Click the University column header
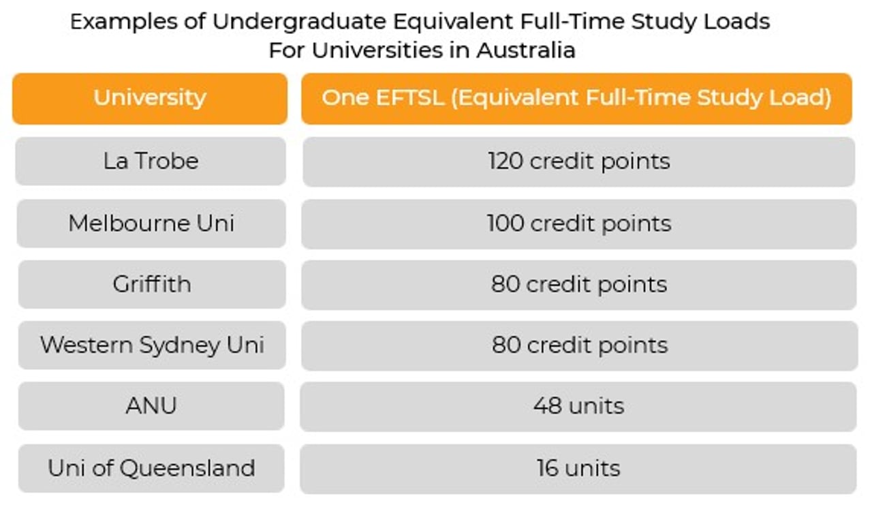pyautogui.click(x=150, y=99)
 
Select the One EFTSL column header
pyautogui.click(x=576, y=99)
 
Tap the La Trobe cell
pyautogui.click(x=151, y=161)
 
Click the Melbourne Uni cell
pyautogui.click(x=151, y=223)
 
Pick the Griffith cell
pyautogui.click(x=152, y=284)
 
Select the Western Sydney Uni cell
pyautogui.click(x=152, y=345)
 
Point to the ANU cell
pyautogui.click(x=151, y=406)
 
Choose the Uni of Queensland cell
pyautogui.click(x=151, y=468)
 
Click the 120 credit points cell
pyautogui.click(x=579, y=161)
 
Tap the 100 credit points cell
pyautogui.click(x=579, y=224)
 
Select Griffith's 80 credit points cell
pyautogui.click(x=579, y=285)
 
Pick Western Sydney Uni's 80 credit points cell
pyautogui.click(x=580, y=345)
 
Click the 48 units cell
pyautogui.click(x=578, y=406)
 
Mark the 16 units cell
pyautogui.click(x=578, y=469)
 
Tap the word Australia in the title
pyautogui.click(x=526, y=50)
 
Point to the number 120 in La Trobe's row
pyautogui.click(x=505, y=161)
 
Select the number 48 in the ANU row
pyautogui.click(x=548, y=405)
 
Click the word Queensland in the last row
pyautogui.click(x=187, y=468)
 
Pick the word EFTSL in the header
pyautogui.click(x=409, y=97)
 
